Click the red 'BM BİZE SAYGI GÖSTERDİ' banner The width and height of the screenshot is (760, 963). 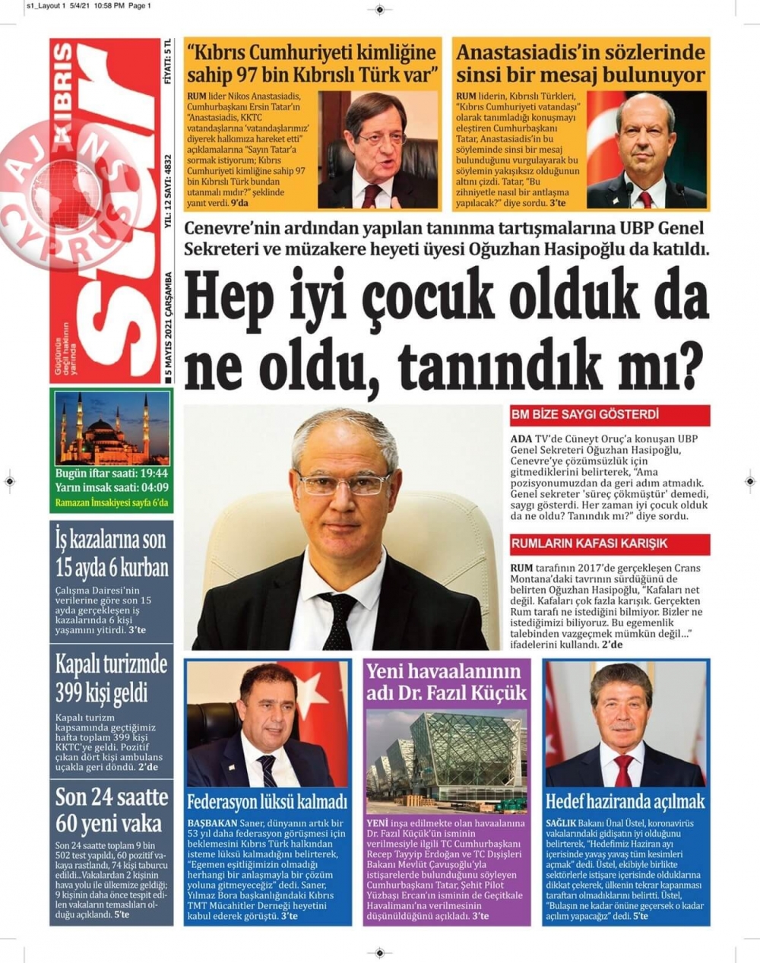[x=610, y=415]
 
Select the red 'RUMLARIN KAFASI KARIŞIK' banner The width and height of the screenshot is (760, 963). [x=610, y=543]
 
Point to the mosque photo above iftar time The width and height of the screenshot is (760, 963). [x=112, y=427]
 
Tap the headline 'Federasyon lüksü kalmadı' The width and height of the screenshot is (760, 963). [x=267, y=801]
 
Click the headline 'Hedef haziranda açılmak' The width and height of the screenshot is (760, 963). [x=625, y=801]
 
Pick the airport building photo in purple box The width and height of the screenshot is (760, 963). [x=446, y=761]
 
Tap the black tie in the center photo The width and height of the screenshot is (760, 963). [x=336, y=619]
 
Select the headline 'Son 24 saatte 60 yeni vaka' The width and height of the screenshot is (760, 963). [x=111, y=810]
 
